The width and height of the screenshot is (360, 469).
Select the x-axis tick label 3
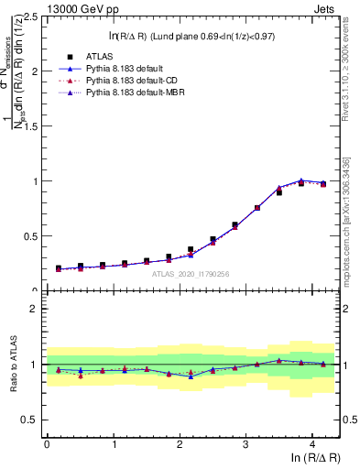point(245,444)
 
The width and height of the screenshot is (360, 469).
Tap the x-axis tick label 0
point(47,444)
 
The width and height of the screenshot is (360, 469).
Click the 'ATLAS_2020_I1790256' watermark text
point(191,273)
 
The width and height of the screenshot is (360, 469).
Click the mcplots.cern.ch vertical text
point(347,229)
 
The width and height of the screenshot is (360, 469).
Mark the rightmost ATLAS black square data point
point(322,184)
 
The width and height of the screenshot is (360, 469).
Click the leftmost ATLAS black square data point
point(58,268)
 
